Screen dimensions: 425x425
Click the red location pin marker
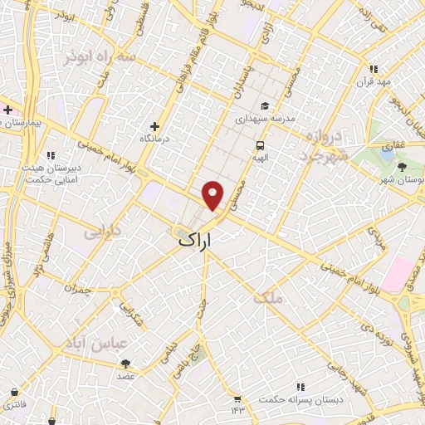tap(213, 194)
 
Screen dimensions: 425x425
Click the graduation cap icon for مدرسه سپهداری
tap(264, 105)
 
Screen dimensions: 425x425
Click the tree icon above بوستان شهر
tap(402, 166)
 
